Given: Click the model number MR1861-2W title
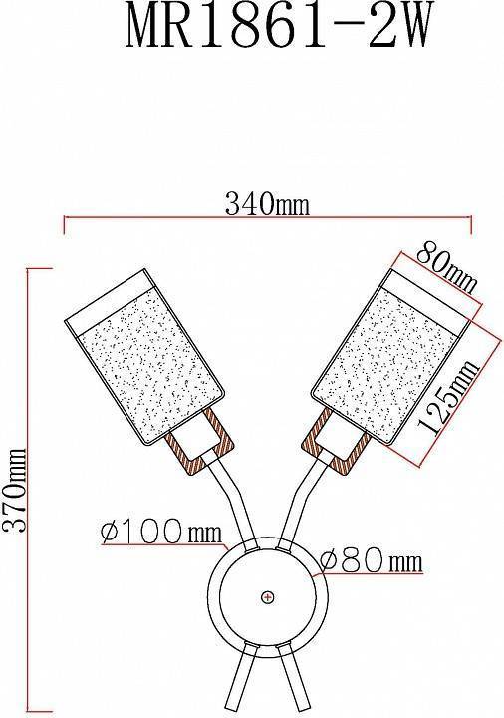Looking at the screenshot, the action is point(278,26).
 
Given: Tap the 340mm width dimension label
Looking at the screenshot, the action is point(267,204).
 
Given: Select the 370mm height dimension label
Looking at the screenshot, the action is point(14,490).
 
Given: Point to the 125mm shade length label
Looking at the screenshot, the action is point(448,398).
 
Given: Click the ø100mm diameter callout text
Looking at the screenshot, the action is point(161,533).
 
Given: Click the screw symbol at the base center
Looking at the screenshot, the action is point(268,597).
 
